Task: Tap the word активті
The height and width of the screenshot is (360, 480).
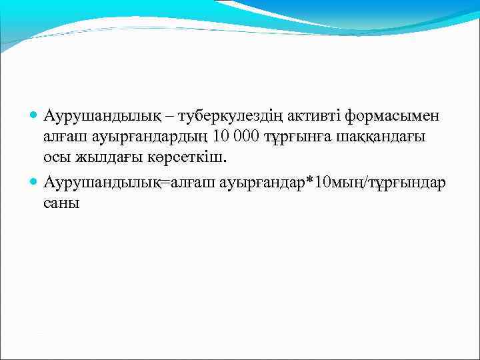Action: pos(313,117)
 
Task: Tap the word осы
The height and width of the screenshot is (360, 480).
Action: pos(57,159)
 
